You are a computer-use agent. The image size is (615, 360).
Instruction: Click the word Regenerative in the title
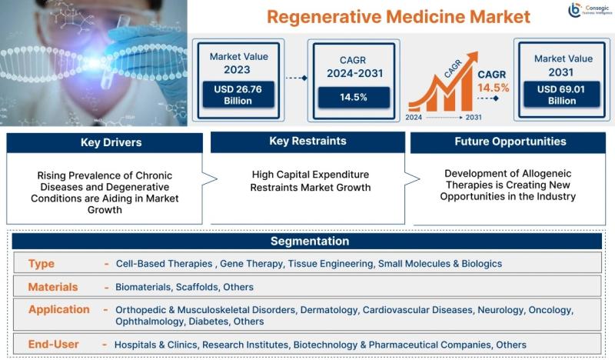pos(324,17)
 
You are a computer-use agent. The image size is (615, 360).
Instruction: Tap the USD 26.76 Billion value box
pos(238,95)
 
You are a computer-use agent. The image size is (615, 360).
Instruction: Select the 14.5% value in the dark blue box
pos(354,98)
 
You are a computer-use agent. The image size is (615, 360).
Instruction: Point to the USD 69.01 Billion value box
pos(561,95)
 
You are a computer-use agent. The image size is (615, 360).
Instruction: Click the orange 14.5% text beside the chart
pos(493,88)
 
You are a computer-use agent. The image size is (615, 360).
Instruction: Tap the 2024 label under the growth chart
pos(414,118)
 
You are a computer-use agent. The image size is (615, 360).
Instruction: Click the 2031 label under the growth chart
pos(474,118)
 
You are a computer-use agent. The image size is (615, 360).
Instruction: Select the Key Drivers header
pos(105,142)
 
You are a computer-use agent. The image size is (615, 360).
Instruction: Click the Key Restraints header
pos(308,142)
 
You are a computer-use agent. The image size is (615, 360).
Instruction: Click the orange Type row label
pos(42,263)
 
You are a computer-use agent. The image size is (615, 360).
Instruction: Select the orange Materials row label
pos(53,287)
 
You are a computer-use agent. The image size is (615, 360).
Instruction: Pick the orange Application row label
pos(59,310)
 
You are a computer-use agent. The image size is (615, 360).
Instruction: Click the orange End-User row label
pos(53,345)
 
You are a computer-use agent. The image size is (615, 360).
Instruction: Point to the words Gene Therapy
pos(251,264)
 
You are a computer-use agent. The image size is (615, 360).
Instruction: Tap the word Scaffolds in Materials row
pos(197,287)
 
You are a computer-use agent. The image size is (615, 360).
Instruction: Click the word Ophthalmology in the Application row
pos(149,322)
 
